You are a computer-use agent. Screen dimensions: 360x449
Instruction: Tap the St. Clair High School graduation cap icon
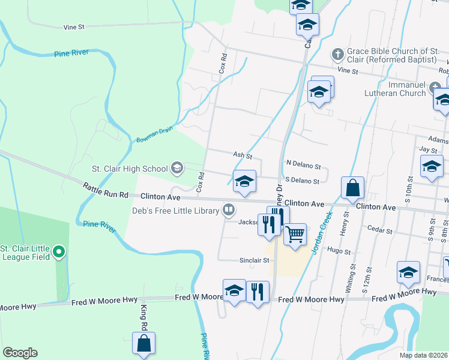(177, 168)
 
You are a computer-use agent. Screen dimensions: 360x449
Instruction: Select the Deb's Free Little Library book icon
(228, 210)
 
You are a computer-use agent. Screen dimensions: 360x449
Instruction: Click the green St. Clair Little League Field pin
(58, 252)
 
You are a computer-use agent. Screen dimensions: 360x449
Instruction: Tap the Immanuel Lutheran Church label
(395, 89)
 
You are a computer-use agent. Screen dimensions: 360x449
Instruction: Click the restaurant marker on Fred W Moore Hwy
(258, 292)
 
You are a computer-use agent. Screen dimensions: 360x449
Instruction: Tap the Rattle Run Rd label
(106, 194)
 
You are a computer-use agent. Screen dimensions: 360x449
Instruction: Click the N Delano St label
(303, 164)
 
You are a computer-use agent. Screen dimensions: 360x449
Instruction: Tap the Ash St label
(242, 155)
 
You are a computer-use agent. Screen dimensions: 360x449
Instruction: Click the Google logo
(20, 353)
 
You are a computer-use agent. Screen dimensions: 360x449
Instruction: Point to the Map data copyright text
(424, 355)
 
